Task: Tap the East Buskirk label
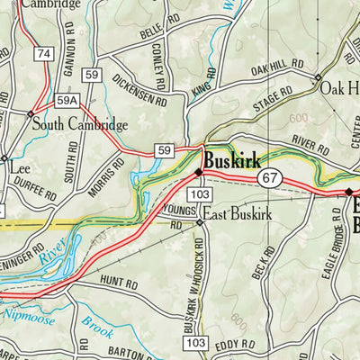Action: pos(235,213)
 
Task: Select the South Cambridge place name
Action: pos(80,125)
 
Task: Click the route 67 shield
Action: pos(269,178)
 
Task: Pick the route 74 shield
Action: pos(42,56)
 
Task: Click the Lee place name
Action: pos(20,168)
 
